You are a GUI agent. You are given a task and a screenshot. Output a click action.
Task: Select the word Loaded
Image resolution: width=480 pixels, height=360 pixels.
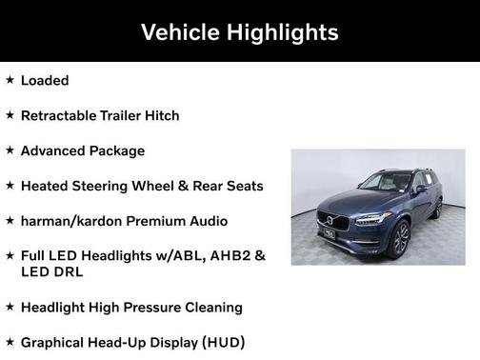pyautogui.click(x=45, y=81)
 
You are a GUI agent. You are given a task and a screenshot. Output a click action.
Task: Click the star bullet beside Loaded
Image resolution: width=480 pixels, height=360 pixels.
pyautogui.click(x=10, y=80)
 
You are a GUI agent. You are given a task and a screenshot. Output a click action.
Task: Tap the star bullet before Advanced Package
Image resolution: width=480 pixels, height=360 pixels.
pyautogui.click(x=10, y=150)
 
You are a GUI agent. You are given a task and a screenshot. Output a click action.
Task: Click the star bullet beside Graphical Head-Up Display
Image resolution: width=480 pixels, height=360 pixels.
pyautogui.click(x=10, y=341)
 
